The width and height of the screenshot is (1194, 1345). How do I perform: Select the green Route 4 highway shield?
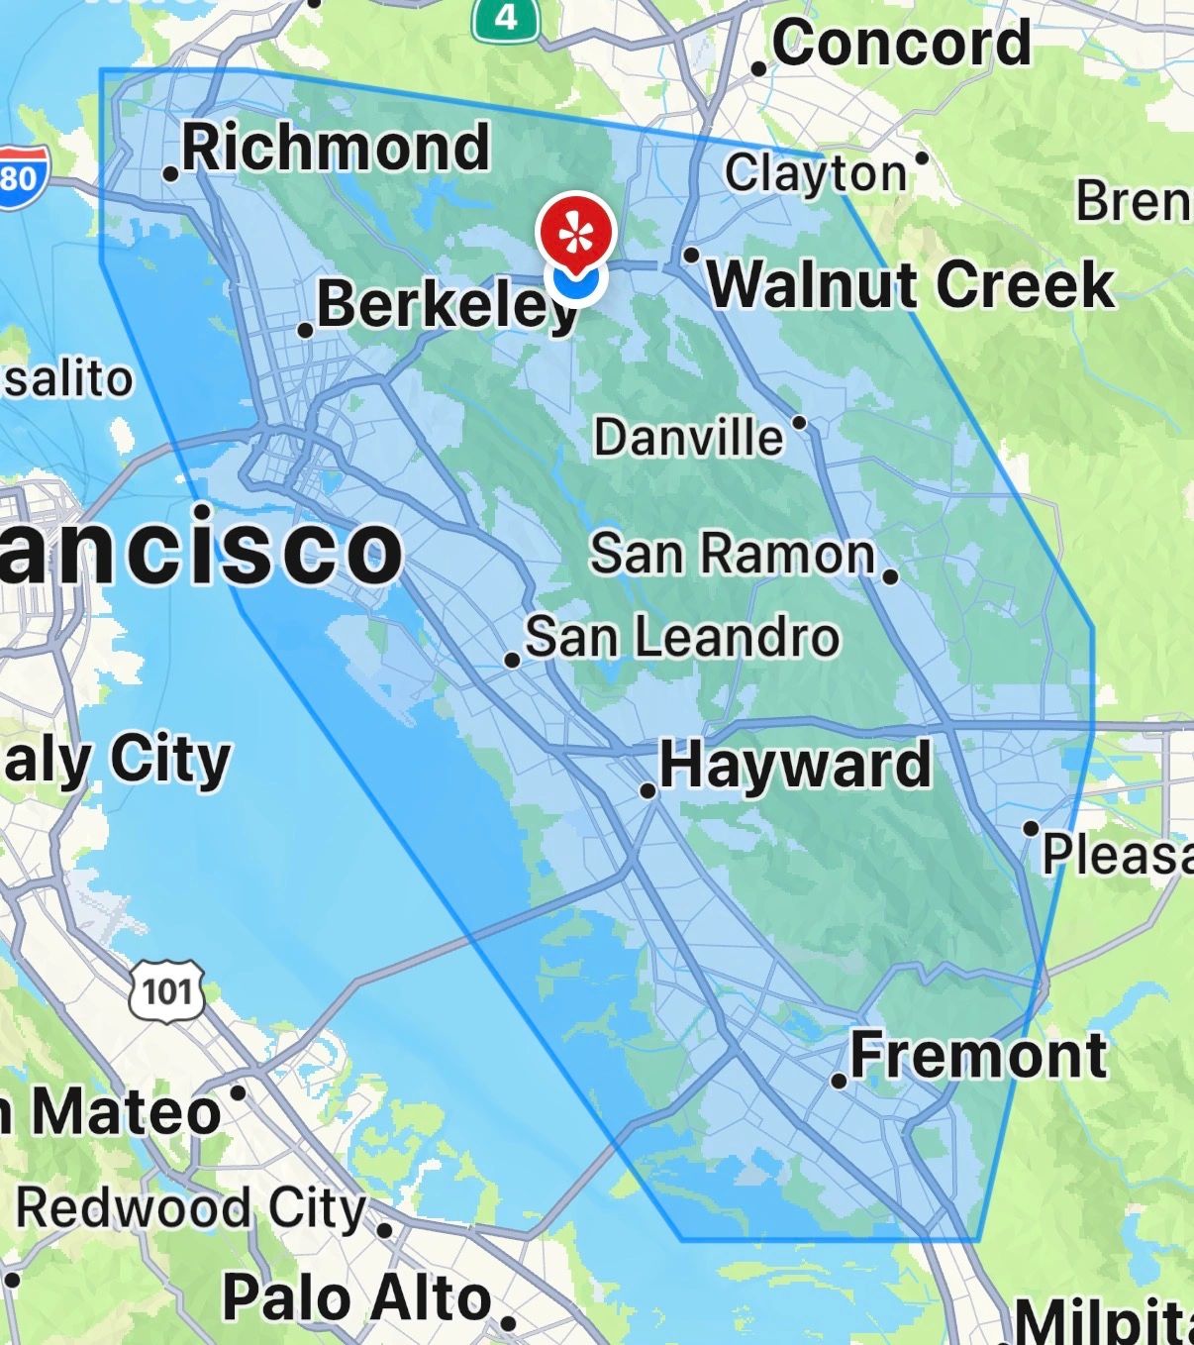click(506, 17)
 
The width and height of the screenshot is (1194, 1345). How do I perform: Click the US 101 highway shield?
click(166, 989)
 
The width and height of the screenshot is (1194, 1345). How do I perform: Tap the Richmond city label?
click(336, 148)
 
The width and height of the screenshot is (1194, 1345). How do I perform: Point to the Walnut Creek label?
click(911, 284)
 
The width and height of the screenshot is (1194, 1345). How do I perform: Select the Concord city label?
click(901, 44)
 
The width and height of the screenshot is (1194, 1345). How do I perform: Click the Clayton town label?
click(815, 173)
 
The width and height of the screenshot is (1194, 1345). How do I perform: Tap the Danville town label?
click(689, 437)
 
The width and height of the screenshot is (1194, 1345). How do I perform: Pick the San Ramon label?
click(733, 553)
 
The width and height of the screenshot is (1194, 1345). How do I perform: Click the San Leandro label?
click(682, 637)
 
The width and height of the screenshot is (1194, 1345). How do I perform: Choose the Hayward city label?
click(795, 765)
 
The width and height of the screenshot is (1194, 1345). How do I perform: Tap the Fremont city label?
click(978, 1055)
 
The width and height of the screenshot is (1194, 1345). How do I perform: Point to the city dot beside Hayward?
click(647, 790)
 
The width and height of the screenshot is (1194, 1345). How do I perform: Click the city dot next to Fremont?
click(839, 1082)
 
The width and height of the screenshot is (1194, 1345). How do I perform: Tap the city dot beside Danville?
click(800, 424)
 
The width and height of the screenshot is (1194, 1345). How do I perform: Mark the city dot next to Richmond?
click(170, 174)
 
